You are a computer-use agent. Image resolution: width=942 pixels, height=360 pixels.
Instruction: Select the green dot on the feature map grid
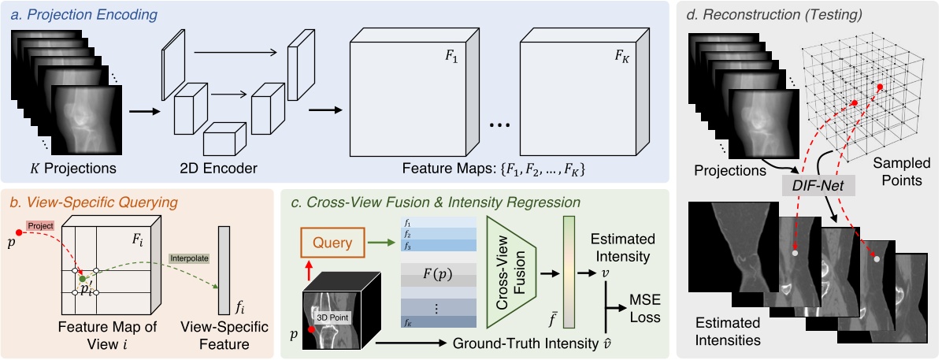tap(82, 278)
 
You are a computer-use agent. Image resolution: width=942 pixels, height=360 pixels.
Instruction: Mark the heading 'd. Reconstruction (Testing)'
tap(776, 14)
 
